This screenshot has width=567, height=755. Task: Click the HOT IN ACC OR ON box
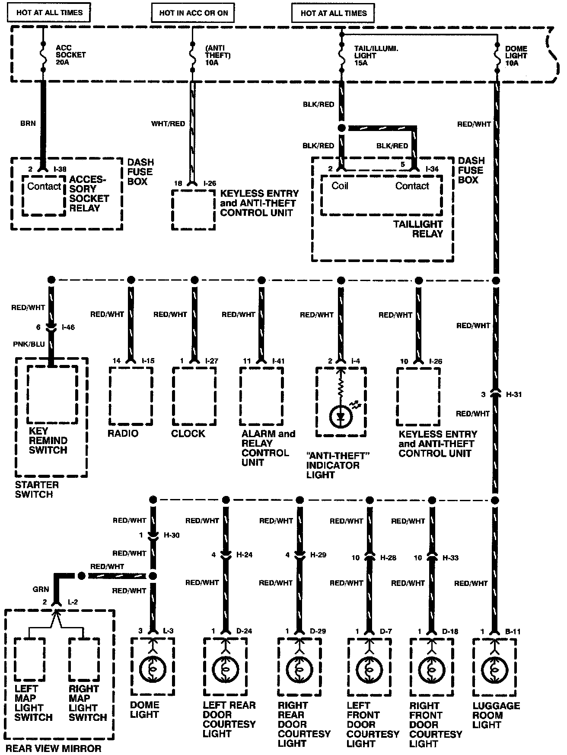coord(193,13)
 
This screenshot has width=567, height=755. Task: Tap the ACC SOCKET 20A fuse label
coord(70,55)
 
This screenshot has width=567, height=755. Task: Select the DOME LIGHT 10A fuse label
coord(516,56)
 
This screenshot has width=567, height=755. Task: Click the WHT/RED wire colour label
coord(168,124)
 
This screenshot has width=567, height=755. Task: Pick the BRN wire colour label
coord(28,123)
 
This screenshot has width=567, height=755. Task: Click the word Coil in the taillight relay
coord(340,186)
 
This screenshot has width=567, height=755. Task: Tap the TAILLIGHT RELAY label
coord(418,229)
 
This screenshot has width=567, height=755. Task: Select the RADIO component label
coord(123,433)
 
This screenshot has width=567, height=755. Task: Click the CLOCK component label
coord(188,433)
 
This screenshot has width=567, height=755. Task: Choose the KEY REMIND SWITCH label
coord(48,441)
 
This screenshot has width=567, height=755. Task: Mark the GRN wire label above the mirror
coord(41,589)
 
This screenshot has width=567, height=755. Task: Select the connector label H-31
coord(514,394)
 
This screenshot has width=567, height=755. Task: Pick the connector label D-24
coord(244,631)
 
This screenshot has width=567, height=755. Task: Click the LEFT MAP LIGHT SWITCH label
coord(33,703)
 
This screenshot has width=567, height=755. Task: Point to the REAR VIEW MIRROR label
coord(53,749)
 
